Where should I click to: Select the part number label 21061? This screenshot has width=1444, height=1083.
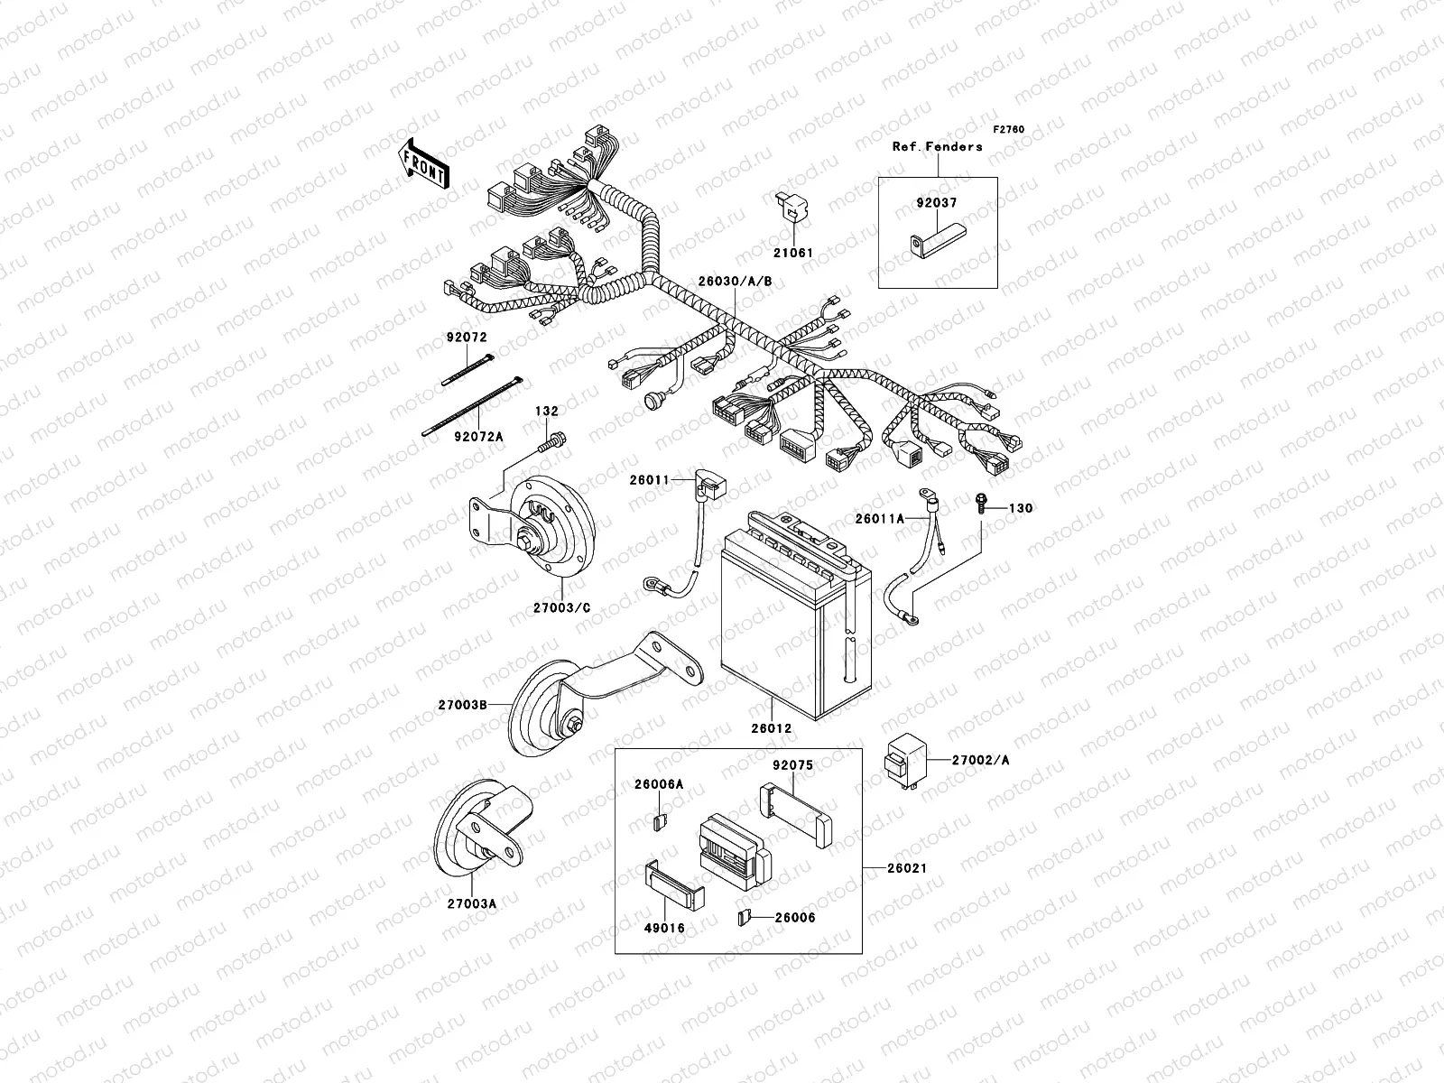click(x=792, y=253)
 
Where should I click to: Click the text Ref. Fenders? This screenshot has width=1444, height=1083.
click(x=937, y=146)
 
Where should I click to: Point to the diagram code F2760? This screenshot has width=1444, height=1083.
click(x=1009, y=130)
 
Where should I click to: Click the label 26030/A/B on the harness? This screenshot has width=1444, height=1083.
click(x=735, y=281)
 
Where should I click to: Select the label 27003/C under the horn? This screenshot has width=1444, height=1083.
click(x=561, y=607)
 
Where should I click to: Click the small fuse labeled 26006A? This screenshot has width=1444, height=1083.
click(x=659, y=821)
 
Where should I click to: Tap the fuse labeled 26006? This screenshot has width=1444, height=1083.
click(x=742, y=917)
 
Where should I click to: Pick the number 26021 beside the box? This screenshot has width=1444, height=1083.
click(x=906, y=868)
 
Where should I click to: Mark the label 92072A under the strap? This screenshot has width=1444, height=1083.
click(x=478, y=437)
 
